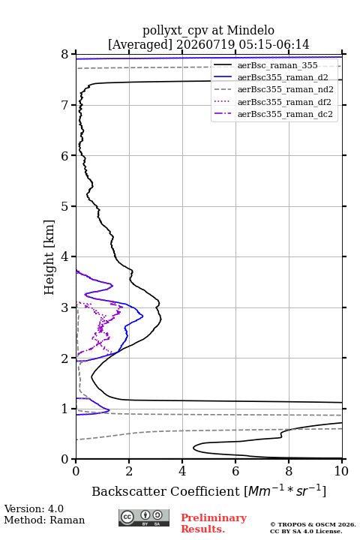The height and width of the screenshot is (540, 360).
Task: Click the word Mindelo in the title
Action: click(250, 30)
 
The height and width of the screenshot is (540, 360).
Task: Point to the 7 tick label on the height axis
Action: click(64, 105)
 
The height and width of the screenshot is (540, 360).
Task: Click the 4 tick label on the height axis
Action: click(64, 257)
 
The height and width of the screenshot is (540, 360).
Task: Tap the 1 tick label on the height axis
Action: click(64, 409)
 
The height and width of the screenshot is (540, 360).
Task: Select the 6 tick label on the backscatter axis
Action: click(235, 471)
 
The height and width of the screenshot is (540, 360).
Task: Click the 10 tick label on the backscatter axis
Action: click(341, 471)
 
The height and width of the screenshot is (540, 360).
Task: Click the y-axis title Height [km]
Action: click(49, 257)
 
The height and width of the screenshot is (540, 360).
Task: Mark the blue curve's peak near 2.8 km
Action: click(142, 316)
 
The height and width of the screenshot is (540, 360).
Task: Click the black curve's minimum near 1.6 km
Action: click(91, 377)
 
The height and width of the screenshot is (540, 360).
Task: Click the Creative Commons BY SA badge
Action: click(144, 518)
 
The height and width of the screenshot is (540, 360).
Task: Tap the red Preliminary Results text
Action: click(214, 523)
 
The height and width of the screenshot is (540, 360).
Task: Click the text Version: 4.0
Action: click(34, 508)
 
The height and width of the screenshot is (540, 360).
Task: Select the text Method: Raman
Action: click(44, 520)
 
